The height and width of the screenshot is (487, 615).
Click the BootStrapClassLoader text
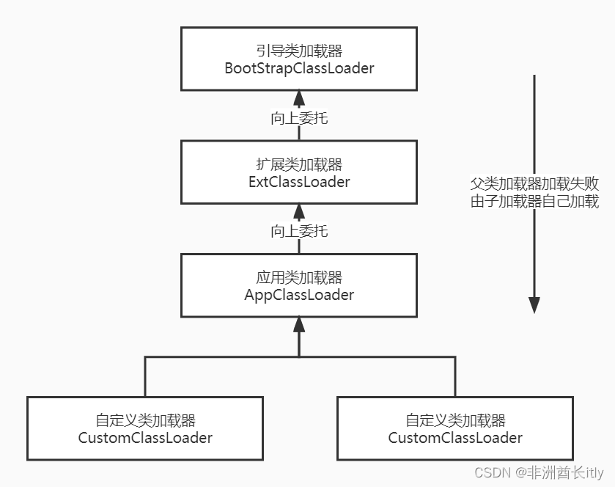click(x=299, y=68)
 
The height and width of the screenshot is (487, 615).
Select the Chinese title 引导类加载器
click(x=299, y=52)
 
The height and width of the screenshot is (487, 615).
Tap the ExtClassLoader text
click(x=299, y=181)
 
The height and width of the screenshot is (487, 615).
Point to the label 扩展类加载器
click(x=299, y=165)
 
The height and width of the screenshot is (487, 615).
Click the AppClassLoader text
click(x=299, y=295)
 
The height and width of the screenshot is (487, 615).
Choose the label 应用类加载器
click(x=299, y=278)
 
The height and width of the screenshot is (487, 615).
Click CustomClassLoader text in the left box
click(x=145, y=438)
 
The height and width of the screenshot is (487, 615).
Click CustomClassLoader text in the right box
click(x=455, y=438)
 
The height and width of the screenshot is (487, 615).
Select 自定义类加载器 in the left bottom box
click(x=145, y=421)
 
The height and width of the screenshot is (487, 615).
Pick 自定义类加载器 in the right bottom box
click(x=455, y=421)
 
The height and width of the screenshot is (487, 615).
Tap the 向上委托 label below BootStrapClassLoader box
click(x=299, y=117)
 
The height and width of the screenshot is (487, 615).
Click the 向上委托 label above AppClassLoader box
click(x=299, y=231)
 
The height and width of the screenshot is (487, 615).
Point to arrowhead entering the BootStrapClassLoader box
click(x=299, y=98)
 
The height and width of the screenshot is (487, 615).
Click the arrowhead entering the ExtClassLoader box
click(x=299, y=212)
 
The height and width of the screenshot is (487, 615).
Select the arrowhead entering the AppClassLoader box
click(x=299, y=325)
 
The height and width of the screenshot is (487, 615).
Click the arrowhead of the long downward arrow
click(x=534, y=304)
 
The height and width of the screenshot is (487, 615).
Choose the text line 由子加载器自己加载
click(x=534, y=201)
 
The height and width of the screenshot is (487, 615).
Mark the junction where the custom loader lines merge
click(x=299, y=357)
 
